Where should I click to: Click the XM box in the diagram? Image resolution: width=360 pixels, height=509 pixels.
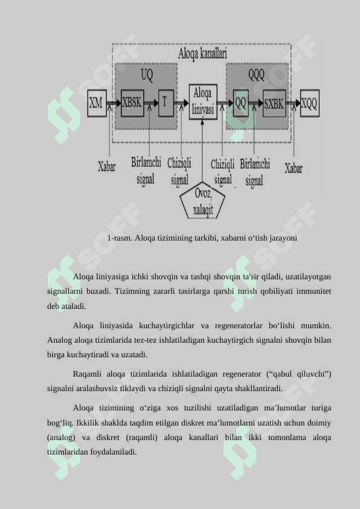[97, 103]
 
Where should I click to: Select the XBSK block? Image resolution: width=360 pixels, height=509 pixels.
[132, 103]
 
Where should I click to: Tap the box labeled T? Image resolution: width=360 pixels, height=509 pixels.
[166, 103]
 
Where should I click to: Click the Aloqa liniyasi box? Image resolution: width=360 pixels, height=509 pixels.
[203, 102]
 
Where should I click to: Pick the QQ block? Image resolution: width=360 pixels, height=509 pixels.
[240, 103]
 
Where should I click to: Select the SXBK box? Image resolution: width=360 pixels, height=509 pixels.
[274, 103]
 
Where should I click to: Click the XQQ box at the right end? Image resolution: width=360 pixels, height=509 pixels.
[310, 103]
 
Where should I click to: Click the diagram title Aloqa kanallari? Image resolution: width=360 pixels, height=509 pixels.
[202, 54]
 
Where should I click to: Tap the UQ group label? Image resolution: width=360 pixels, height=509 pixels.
[147, 75]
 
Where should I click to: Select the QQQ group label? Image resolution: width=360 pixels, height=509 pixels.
[256, 75]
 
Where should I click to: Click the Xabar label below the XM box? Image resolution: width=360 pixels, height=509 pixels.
[107, 166]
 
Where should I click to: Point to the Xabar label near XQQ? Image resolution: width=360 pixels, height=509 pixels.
[294, 168]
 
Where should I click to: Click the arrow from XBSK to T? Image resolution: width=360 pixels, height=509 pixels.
[151, 103]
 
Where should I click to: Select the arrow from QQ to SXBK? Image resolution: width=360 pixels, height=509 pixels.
[256, 103]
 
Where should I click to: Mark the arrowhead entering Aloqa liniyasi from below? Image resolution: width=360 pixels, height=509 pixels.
[202, 122]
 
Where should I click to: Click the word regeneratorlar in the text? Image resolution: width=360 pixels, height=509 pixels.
[239, 325]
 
